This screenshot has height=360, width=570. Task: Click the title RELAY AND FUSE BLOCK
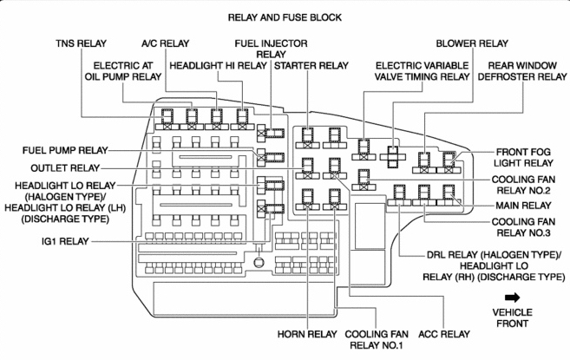[285, 16]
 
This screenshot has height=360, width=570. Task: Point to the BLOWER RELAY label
[473, 42]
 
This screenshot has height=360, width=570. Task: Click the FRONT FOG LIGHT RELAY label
[525, 156]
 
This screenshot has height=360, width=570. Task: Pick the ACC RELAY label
[443, 333]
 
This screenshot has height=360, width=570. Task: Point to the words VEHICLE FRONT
[512, 317]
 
